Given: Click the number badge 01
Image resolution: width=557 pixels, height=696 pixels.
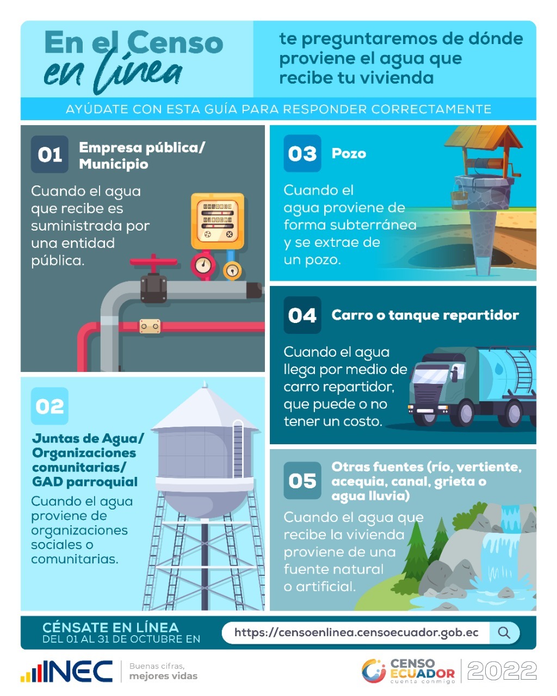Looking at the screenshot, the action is (49, 154).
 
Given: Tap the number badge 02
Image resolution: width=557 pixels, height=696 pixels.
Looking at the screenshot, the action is (49, 406).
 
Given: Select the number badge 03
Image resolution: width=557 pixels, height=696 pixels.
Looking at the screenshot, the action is (302, 153).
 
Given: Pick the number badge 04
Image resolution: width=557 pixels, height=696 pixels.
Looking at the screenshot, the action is (302, 315).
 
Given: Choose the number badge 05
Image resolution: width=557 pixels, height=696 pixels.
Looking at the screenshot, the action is (302, 481).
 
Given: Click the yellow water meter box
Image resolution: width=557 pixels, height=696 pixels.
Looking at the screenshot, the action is (217, 221).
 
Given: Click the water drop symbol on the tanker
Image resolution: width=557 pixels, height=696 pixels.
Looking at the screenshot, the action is (498, 368).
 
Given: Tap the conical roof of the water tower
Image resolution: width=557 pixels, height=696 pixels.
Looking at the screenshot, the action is (205, 409).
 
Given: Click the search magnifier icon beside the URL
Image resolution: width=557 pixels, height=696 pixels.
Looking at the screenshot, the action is (504, 632).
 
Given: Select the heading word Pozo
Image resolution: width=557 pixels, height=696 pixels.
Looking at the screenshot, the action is (349, 154).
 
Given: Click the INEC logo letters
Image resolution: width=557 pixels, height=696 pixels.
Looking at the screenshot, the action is (77, 672).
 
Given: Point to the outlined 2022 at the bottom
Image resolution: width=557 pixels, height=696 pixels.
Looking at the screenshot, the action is (502, 670).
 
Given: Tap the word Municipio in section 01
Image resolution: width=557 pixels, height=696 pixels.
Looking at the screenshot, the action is (114, 164).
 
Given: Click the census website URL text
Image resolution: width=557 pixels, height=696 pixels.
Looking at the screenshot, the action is (356, 632).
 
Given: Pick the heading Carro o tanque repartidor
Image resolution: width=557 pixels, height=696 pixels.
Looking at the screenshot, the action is (425, 315).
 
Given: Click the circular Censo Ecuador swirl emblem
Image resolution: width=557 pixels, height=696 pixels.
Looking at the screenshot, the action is (374, 671).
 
